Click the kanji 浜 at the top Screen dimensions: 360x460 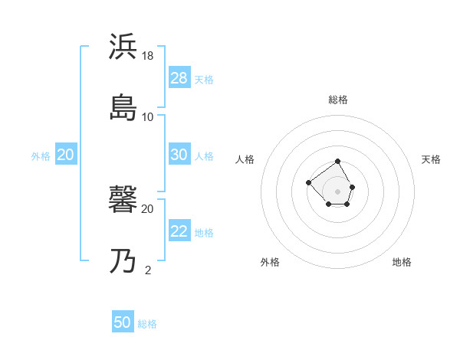pos(123,46)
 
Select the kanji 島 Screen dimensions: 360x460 pos(123,107)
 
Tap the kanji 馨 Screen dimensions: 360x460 pos(123,201)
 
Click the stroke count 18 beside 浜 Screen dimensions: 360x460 pos(149,55)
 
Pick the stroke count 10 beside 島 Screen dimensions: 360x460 pos(148,116)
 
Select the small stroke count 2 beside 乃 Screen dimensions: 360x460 pos(148,270)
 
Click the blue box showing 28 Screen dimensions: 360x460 pos(179,78)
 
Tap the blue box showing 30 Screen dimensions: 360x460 pos(179,155)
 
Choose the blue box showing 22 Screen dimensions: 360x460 pos(179,231)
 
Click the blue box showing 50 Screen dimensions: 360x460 pos(123,322)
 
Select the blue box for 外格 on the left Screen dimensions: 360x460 pos(66,155)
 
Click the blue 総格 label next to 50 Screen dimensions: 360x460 pos(147,324)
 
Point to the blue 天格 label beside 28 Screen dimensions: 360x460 pos(204,80)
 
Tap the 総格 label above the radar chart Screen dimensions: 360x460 pos(338,100)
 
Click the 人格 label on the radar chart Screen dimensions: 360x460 pos(245,159)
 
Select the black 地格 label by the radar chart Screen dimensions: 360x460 pos(402,262)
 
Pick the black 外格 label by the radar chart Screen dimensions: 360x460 pos(270,262)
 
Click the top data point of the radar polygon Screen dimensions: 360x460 pos(338,162)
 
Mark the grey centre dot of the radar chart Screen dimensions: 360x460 pos(338,191)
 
